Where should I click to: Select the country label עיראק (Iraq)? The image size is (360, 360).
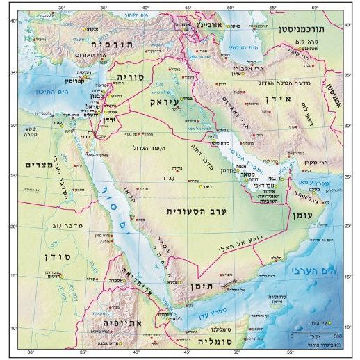coord(165,101)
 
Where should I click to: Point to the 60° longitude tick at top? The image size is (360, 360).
coord(315,8)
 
